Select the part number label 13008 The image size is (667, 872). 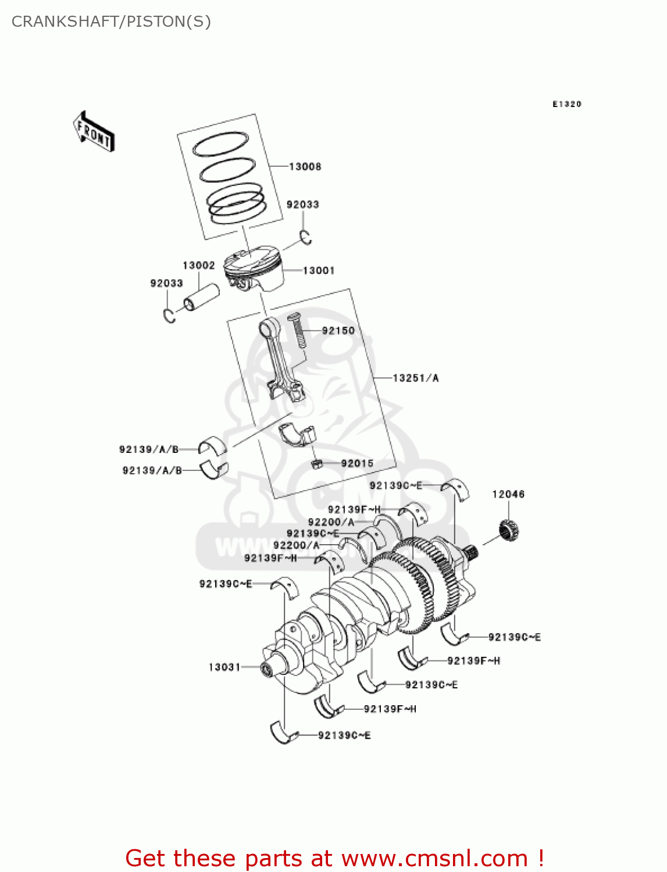pyautogui.click(x=305, y=167)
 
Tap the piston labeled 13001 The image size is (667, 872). pyautogui.click(x=256, y=269)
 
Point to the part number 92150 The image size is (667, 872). pyautogui.click(x=338, y=331)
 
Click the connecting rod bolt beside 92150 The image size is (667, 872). pyautogui.click(x=297, y=331)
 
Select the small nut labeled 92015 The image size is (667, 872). pyautogui.click(x=316, y=464)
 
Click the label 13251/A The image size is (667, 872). pyautogui.click(x=415, y=378)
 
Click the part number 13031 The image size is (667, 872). pyautogui.click(x=224, y=667)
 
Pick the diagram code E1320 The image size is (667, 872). pyautogui.click(x=566, y=104)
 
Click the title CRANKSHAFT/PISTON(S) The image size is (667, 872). pyautogui.click(x=111, y=22)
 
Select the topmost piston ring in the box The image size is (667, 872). pyautogui.click(x=220, y=144)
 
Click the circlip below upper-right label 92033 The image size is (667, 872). pyautogui.click(x=306, y=237)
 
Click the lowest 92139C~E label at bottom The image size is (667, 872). pyautogui.click(x=344, y=736)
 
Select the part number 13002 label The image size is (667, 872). pyautogui.click(x=198, y=266)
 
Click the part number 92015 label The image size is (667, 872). pyautogui.click(x=357, y=463)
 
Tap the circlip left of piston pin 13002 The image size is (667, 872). pyautogui.click(x=169, y=315)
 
